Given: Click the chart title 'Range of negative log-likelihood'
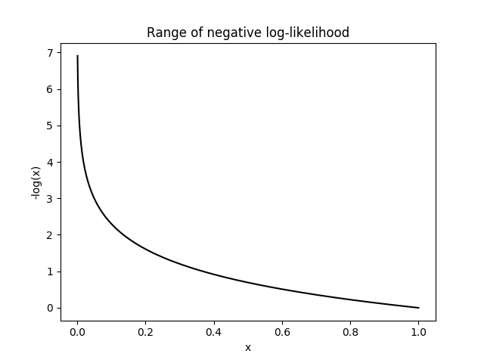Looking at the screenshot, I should tap(247, 33).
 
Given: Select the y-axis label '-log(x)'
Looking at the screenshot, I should tap(36, 182).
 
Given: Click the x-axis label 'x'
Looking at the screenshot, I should tap(247, 347).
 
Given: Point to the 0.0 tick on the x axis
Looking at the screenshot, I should tap(77, 331).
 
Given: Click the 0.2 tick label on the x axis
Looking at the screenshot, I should tap(145, 331).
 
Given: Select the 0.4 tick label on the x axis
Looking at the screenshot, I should tap(213, 331).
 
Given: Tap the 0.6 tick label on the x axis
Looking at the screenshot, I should tap(282, 331).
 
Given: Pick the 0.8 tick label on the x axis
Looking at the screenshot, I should tap(350, 331).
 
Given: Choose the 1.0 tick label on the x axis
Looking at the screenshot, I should tap(418, 331).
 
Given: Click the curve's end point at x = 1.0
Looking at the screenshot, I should tap(418, 308).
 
